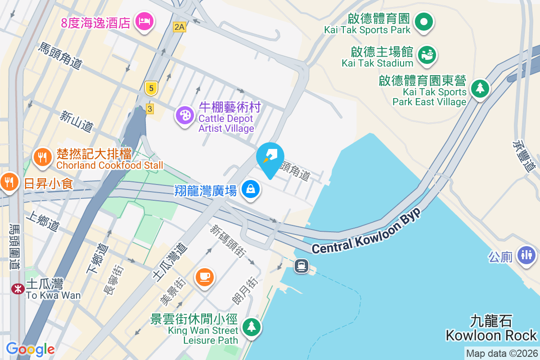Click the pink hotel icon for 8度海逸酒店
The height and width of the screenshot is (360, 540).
[144, 21]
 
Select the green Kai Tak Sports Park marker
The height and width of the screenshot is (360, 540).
[423, 21]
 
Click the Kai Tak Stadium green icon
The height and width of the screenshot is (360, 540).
[426, 55]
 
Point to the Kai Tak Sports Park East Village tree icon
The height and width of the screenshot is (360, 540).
[480, 87]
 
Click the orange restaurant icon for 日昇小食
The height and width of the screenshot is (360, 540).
[9, 182]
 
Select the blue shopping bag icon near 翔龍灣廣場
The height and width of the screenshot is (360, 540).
[251, 189]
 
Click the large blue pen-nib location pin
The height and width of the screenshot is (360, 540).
[270, 157]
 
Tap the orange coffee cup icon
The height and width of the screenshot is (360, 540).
[204, 276]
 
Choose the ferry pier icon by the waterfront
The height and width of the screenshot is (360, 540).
[301, 266]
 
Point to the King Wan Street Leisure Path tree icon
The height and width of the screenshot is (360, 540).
[251, 326]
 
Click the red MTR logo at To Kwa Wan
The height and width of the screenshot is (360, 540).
[18, 288]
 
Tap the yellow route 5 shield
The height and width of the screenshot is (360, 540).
[151, 89]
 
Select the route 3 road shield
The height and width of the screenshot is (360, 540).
[150, 108]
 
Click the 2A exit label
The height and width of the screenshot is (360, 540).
[179, 27]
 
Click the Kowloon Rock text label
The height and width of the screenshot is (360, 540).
[491, 335]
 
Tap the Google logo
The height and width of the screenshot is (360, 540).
[30, 349]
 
